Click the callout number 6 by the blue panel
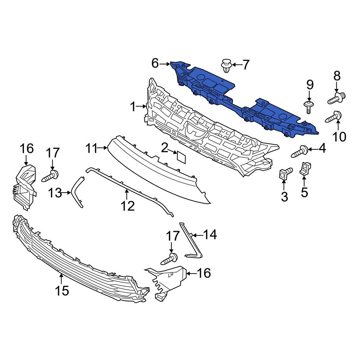tap(155, 64)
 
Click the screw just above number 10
tap(334, 117)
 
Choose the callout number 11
tap(91, 148)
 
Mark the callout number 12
tap(127, 206)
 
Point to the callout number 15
tap(62, 290)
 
